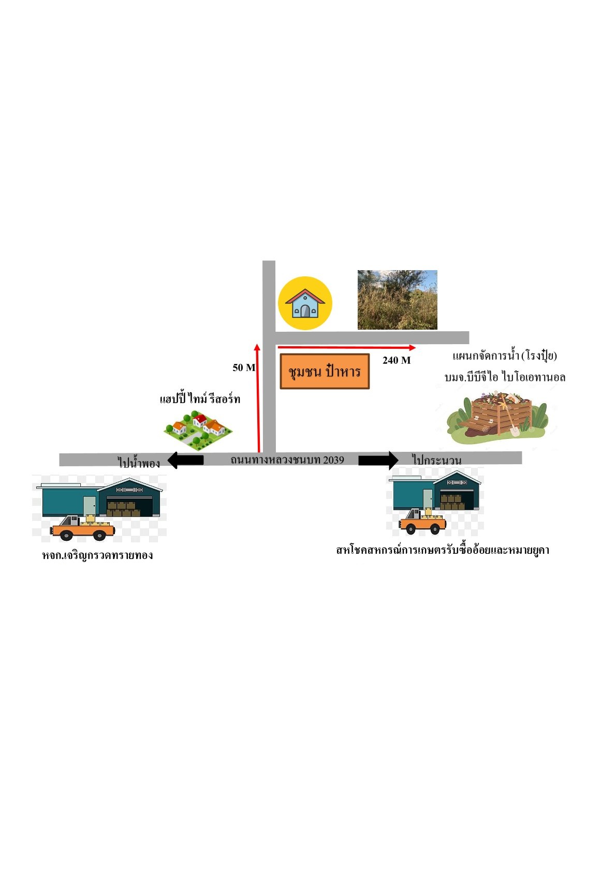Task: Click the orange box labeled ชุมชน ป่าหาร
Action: click(x=325, y=372)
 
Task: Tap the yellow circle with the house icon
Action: click(x=305, y=303)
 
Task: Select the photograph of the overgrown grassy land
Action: click(x=398, y=300)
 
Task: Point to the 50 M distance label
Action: click(x=244, y=367)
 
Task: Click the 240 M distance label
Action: click(x=397, y=360)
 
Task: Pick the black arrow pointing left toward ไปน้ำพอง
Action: click(x=185, y=460)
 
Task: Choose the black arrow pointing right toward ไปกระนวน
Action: click(x=378, y=460)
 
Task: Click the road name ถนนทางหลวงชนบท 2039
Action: click(x=287, y=460)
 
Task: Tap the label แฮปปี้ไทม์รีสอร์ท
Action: click(x=200, y=399)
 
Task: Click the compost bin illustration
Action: click(x=498, y=417)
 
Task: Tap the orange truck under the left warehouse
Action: click(x=82, y=527)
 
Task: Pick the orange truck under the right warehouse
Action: click(x=422, y=521)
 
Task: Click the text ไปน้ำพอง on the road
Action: click(x=139, y=462)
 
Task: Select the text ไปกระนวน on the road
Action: click(x=437, y=461)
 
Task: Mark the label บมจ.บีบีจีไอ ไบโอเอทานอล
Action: click(x=505, y=377)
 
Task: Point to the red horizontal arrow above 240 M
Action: click(x=347, y=347)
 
